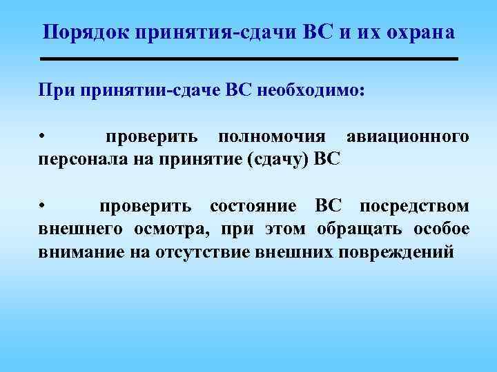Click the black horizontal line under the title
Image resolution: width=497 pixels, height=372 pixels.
(249, 60)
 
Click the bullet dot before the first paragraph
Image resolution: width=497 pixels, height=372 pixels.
(41, 136)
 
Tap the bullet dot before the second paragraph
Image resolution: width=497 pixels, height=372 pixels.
(41, 206)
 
